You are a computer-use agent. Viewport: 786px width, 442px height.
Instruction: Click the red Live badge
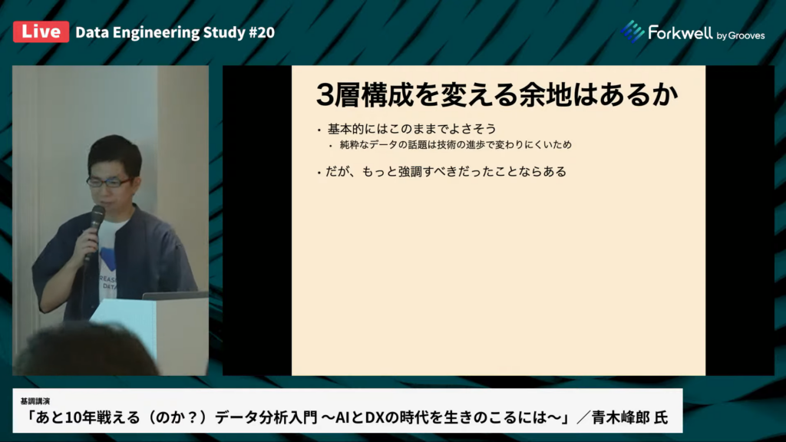click(x=41, y=31)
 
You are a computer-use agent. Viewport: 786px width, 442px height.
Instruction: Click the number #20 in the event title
click(x=262, y=32)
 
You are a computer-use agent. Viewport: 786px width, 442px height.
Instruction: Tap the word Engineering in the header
click(x=156, y=33)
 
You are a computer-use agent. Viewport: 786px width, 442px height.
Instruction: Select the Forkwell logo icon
click(x=632, y=31)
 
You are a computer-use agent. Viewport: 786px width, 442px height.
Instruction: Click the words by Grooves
click(x=741, y=35)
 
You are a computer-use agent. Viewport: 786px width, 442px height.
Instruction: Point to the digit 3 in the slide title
click(x=325, y=94)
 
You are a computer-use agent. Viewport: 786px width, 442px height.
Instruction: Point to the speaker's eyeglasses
click(x=109, y=182)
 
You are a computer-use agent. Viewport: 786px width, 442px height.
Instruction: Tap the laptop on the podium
click(x=175, y=295)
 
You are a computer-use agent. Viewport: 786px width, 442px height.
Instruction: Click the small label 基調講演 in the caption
click(x=35, y=401)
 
